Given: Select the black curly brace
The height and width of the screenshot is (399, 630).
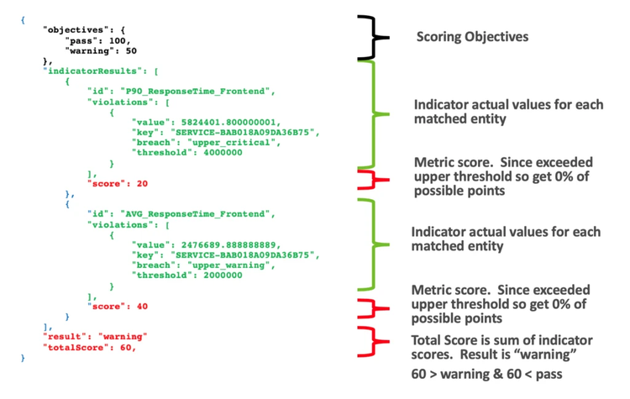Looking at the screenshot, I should [x=370, y=37].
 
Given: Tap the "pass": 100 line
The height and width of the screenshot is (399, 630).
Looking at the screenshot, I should [x=92, y=39].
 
